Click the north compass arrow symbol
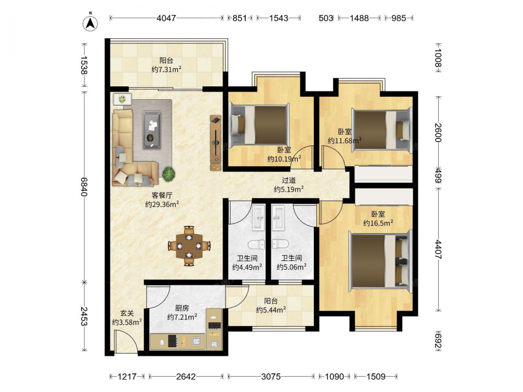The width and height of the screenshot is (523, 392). click(90, 22)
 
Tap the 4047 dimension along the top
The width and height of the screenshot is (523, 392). click(166, 18)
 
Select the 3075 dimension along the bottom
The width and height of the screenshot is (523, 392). click(271, 377)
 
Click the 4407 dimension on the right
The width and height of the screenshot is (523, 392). click(438, 249)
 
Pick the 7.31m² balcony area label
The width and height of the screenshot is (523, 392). click(166, 70)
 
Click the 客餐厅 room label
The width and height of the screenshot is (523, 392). click(162, 195)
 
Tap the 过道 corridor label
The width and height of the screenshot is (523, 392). click(289, 180)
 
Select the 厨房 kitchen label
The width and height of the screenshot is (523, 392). click(182, 308)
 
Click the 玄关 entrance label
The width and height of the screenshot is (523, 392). click(127, 313)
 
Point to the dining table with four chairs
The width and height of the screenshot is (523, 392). click(189, 246)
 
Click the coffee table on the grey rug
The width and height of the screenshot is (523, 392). click(152, 130)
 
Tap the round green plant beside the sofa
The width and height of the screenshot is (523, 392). click(169, 174)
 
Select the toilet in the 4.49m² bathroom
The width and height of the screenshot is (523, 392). click(256, 245)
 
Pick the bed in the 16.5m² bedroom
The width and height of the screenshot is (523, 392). click(381, 261)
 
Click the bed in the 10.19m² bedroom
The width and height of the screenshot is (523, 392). click(259, 125)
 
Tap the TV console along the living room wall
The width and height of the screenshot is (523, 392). click(216, 143)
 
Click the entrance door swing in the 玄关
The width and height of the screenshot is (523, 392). click(126, 341)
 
